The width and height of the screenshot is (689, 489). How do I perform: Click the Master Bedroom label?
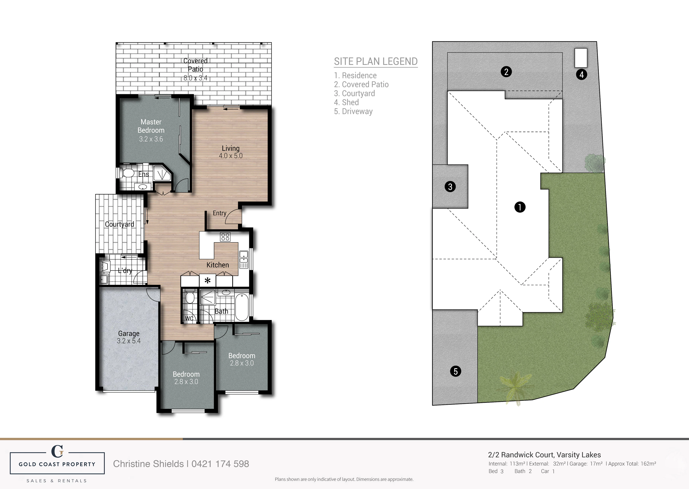click(151, 126)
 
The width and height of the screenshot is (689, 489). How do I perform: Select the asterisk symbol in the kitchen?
click(207, 281)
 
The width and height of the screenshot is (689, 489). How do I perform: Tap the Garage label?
click(129, 333)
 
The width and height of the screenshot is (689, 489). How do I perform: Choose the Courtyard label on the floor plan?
click(119, 224)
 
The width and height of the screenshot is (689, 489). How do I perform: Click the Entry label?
click(219, 213)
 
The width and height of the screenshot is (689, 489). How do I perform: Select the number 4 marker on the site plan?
click(581, 74)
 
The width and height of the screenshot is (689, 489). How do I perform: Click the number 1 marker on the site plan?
click(520, 207)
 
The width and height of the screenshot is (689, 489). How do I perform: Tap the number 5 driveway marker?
click(455, 371)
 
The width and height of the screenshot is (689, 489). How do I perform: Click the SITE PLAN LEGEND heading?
click(376, 61)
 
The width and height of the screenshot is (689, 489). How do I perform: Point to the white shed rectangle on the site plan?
click(581, 58)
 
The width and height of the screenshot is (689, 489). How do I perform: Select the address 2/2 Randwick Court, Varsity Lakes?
click(544, 455)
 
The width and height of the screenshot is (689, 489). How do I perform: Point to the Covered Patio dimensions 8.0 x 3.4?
click(196, 78)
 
